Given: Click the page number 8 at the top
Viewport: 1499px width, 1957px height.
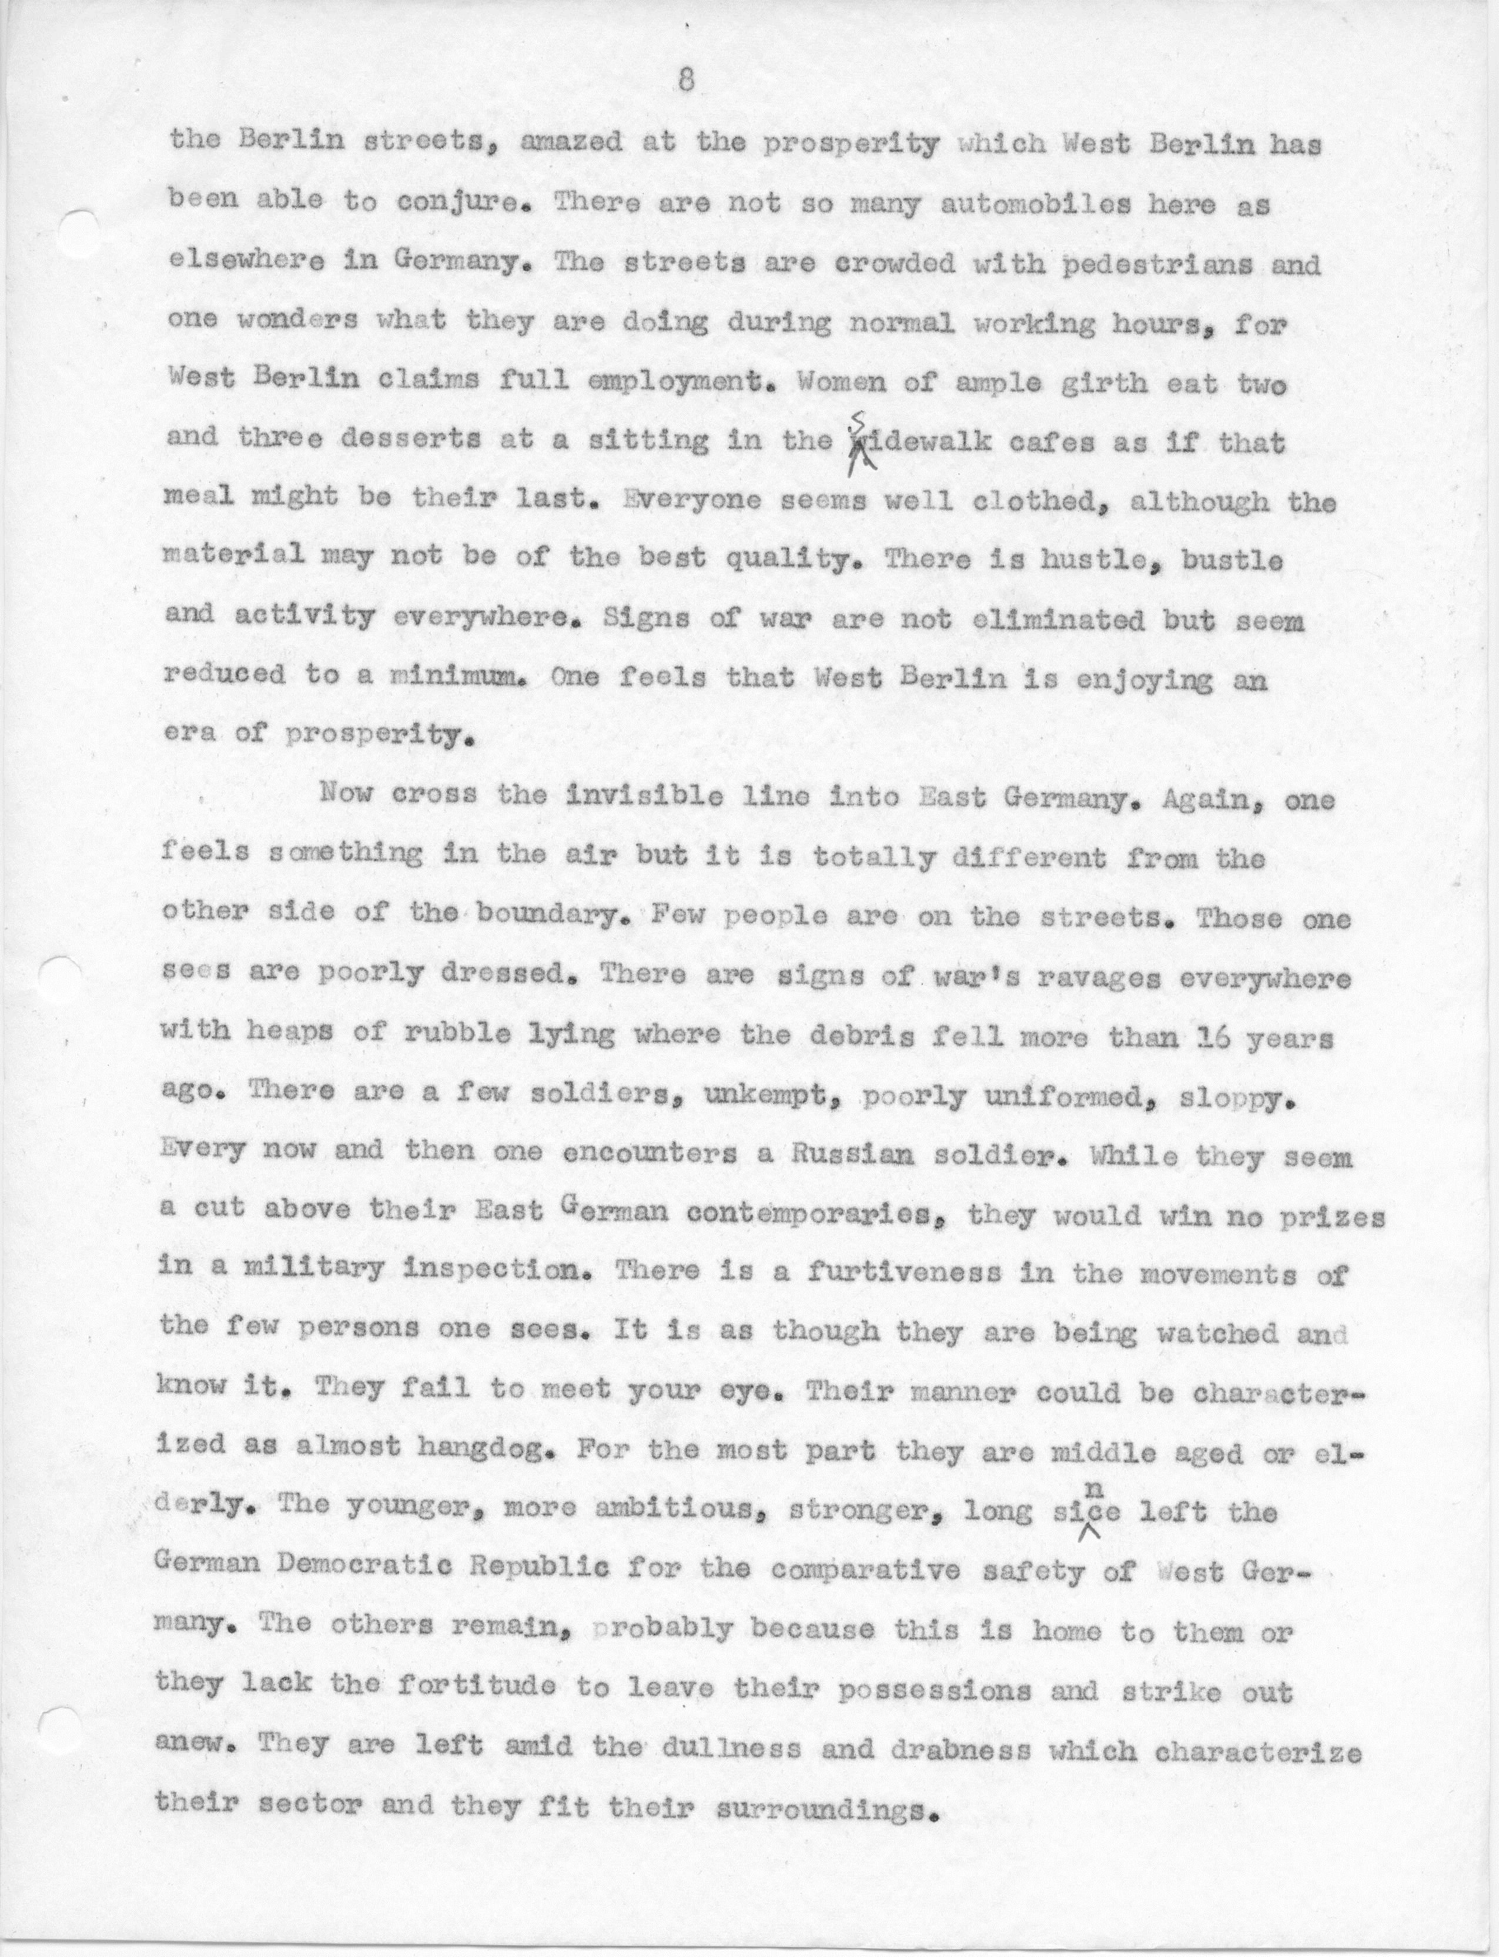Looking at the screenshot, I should (x=685, y=82).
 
